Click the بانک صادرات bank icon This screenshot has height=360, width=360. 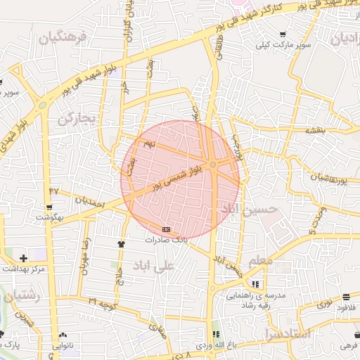tap(166, 229)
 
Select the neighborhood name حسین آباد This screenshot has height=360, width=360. tap(249, 210)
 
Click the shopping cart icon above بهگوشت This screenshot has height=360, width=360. tap(49, 207)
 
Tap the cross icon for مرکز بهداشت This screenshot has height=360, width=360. tap(24, 259)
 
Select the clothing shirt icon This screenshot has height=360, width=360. tap(121, 244)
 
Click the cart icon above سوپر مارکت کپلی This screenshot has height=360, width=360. tap(283, 34)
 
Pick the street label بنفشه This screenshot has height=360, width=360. tap(314, 131)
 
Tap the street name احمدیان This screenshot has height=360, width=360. tap(89, 202)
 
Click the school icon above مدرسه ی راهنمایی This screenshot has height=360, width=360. tap(255, 285)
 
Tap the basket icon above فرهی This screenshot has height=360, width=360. tap(349, 335)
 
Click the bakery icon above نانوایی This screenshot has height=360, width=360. tap(65, 335)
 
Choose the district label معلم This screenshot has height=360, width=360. tap(260, 261)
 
